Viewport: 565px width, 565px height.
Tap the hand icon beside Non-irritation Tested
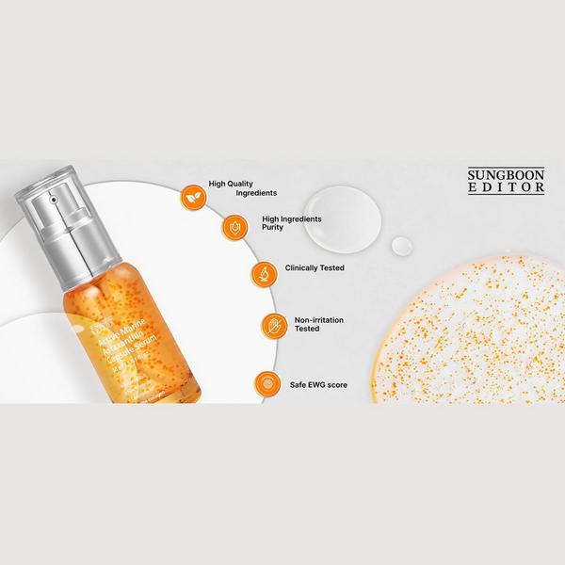pyautogui.click(x=274, y=325)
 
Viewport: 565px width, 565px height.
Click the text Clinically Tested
pyautogui.click(x=314, y=268)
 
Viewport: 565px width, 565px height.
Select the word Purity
pyautogui.click(x=273, y=228)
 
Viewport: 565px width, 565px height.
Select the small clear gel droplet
pyautogui.click(x=402, y=246)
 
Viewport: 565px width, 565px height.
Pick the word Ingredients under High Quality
pyautogui.click(x=231, y=193)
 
